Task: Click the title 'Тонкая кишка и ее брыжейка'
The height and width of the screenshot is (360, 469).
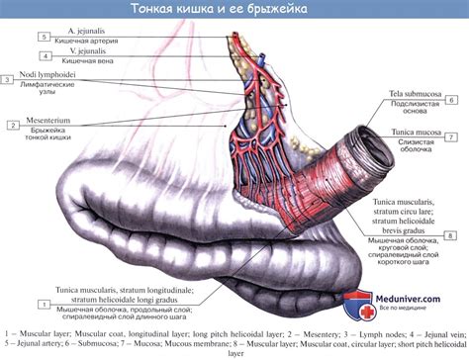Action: tap(234, 9)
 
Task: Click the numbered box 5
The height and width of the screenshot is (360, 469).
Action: tap(45, 37)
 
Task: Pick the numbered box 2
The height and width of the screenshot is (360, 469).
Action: tap(13, 125)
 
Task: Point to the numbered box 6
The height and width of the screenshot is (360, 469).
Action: tap(451, 99)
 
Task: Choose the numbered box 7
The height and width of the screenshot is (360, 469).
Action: tap(451, 136)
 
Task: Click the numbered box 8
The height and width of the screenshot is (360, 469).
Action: tap(451, 235)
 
